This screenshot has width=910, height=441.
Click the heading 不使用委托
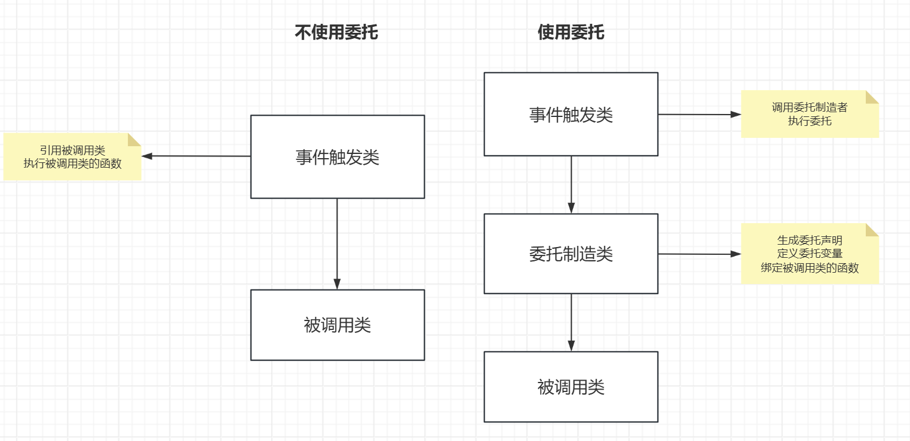tap(336, 32)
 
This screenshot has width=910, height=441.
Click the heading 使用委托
tap(571, 32)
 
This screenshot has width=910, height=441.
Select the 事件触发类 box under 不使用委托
tap(337, 157)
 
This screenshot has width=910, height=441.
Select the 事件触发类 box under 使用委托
tap(571, 115)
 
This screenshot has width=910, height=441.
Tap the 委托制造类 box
tap(571, 254)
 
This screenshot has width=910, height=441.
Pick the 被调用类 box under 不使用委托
tap(337, 325)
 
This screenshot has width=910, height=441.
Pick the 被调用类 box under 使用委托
tap(571, 387)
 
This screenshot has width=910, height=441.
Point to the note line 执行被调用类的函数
tap(72, 163)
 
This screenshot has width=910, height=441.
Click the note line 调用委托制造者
tap(810, 108)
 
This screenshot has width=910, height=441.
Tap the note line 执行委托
tap(810, 121)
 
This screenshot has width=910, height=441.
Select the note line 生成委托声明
tap(810, 240)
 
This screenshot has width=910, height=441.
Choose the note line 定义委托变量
tap(810, 254)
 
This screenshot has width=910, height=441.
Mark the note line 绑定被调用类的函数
tap(810, 268)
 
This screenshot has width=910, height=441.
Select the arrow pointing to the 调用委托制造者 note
tap(699, 114)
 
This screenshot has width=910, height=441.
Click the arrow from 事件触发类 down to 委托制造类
tap(571, 184)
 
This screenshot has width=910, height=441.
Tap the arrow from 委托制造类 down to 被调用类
tap(571, 322)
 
